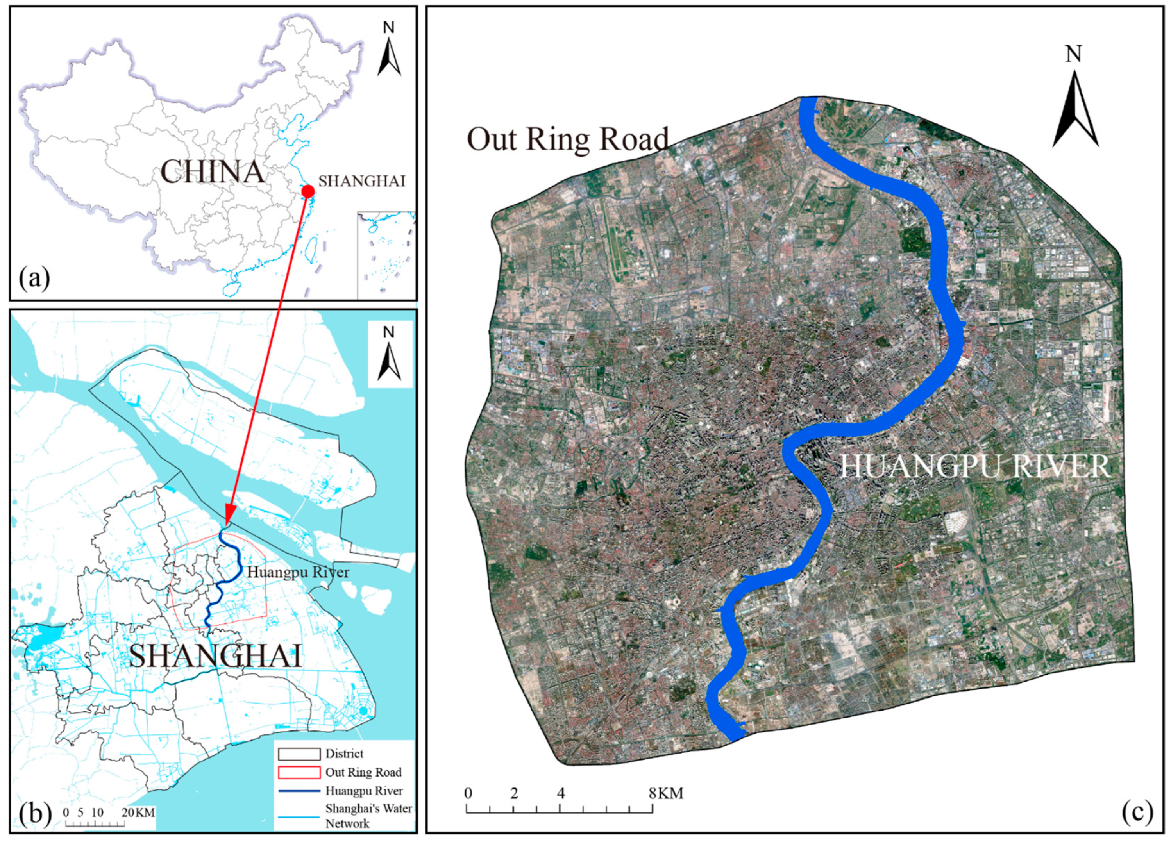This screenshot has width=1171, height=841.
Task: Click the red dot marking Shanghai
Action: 308,191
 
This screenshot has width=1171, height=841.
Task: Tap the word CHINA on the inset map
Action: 212,172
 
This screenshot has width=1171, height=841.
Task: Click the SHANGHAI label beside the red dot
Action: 361,181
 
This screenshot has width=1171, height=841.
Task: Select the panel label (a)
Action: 34,279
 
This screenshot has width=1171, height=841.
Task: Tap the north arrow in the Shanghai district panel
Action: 389,356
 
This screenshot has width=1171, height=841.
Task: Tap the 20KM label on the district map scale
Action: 138,812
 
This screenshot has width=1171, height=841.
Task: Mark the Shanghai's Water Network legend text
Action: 368,816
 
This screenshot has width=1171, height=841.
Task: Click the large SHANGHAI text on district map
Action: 215,657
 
